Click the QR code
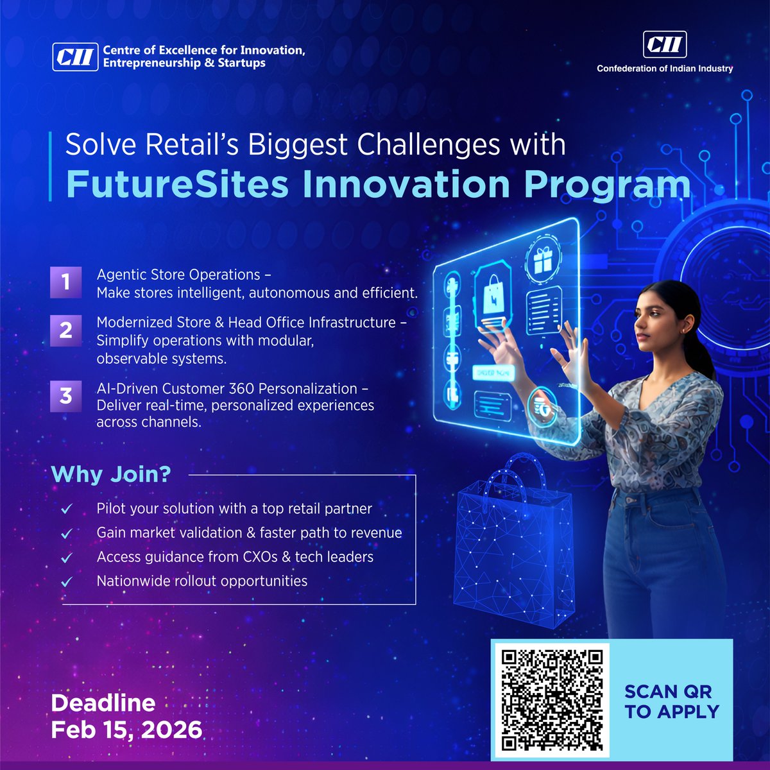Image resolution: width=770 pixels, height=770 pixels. click(x=552, y=700)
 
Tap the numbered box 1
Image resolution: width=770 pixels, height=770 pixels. click(x=66, y=282)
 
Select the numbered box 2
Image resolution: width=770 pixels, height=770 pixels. click(x=66, y=330)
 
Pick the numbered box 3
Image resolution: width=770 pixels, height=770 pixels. click(x=66, y=396)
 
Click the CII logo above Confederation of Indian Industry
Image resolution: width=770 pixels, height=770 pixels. click(x=665, y=45)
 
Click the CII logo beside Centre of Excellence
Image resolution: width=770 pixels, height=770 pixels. click(x=75, y=56)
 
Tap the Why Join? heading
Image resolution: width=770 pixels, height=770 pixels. click(x=111, y=474)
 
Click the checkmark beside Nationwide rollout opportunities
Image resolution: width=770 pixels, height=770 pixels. click(x=67, y=582)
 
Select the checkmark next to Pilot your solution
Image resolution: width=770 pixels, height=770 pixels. click(x=67, y=509)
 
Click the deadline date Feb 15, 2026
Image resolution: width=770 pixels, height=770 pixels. click(x=126, y=730)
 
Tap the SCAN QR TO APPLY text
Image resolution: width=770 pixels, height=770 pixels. click(x=671, y=701)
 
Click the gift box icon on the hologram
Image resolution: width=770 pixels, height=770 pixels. click(x=543, y=259)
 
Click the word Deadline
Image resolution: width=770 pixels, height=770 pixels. click(x=103, y=703)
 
